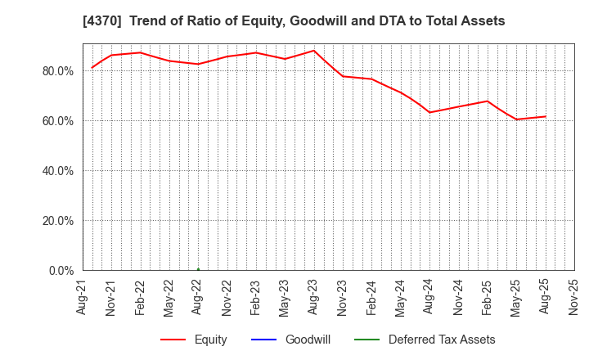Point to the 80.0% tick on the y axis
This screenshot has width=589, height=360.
coord(56,71)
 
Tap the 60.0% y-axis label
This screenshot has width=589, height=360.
coord(56,121)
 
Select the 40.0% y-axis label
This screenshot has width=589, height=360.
coord(56,171)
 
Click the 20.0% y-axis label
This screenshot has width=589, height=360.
coord(56,221)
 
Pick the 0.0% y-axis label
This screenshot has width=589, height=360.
coord(60,271)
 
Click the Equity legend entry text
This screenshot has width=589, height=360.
coord(210,340)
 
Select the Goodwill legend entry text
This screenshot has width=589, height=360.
coord(308,340)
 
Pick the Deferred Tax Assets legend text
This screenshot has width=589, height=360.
coord(442,340)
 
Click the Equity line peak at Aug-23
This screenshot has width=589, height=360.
coord(314,51)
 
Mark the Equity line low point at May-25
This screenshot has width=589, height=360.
coord(516,119)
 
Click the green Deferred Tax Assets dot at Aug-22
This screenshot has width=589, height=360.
coord(198,269)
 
